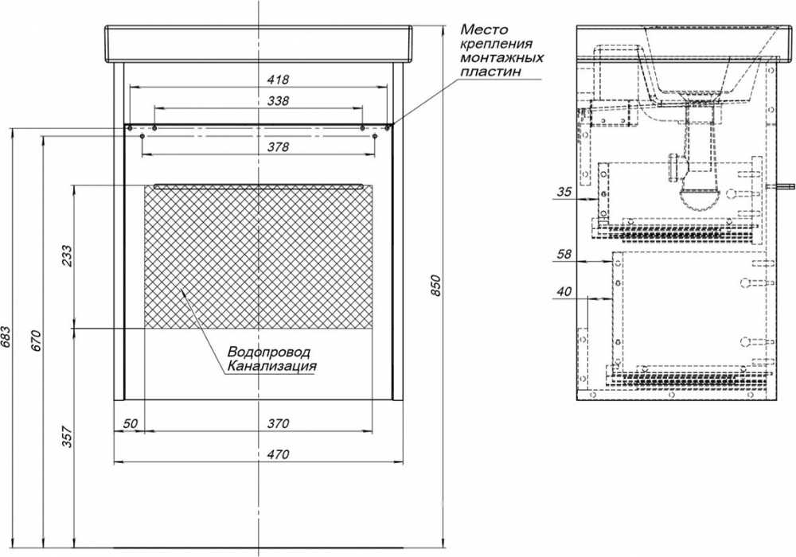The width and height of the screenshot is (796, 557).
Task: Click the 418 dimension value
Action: pyautogui.click(x=278, y=80)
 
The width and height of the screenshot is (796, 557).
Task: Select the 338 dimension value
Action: pyautogui.click(x=278, y=100)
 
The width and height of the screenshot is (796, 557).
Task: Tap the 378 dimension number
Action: pyautogui.click(x=278, y=146)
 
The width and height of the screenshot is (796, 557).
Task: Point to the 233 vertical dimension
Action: pyautogui.click(x=67, y=256)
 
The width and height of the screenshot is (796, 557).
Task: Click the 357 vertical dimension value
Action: pyautogui.click(x=67, y=437)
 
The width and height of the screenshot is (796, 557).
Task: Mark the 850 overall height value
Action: pyautogui.click(x=435, y=286)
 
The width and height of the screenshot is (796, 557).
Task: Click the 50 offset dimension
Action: pyautogui.click(x=130, y=423)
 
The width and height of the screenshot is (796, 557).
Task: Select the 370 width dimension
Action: pyautogui.click(x=278, y=423)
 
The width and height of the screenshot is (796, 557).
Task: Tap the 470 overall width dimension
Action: pyautogui.click(x=278, y=454)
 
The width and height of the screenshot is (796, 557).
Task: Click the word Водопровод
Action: pyautogui.click(x=268, y=352)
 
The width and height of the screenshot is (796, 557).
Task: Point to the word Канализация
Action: pyautogui.click(x=271, y=366)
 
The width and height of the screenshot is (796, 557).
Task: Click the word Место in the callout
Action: pyautogui.click(x=483, y=29)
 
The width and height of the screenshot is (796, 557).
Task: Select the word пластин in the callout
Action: pyautogui.click(x=490, y=72)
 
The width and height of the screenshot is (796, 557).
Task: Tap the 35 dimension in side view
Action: pyautogui.click(x=564, y=192)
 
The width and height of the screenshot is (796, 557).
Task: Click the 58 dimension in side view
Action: pyautogui.click(x=564, y=254)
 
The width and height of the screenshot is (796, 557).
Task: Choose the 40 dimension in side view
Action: pyautogui.click(x=564, y=292)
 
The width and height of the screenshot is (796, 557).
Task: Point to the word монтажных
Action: pyautogui.click(x=501, y=57)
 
